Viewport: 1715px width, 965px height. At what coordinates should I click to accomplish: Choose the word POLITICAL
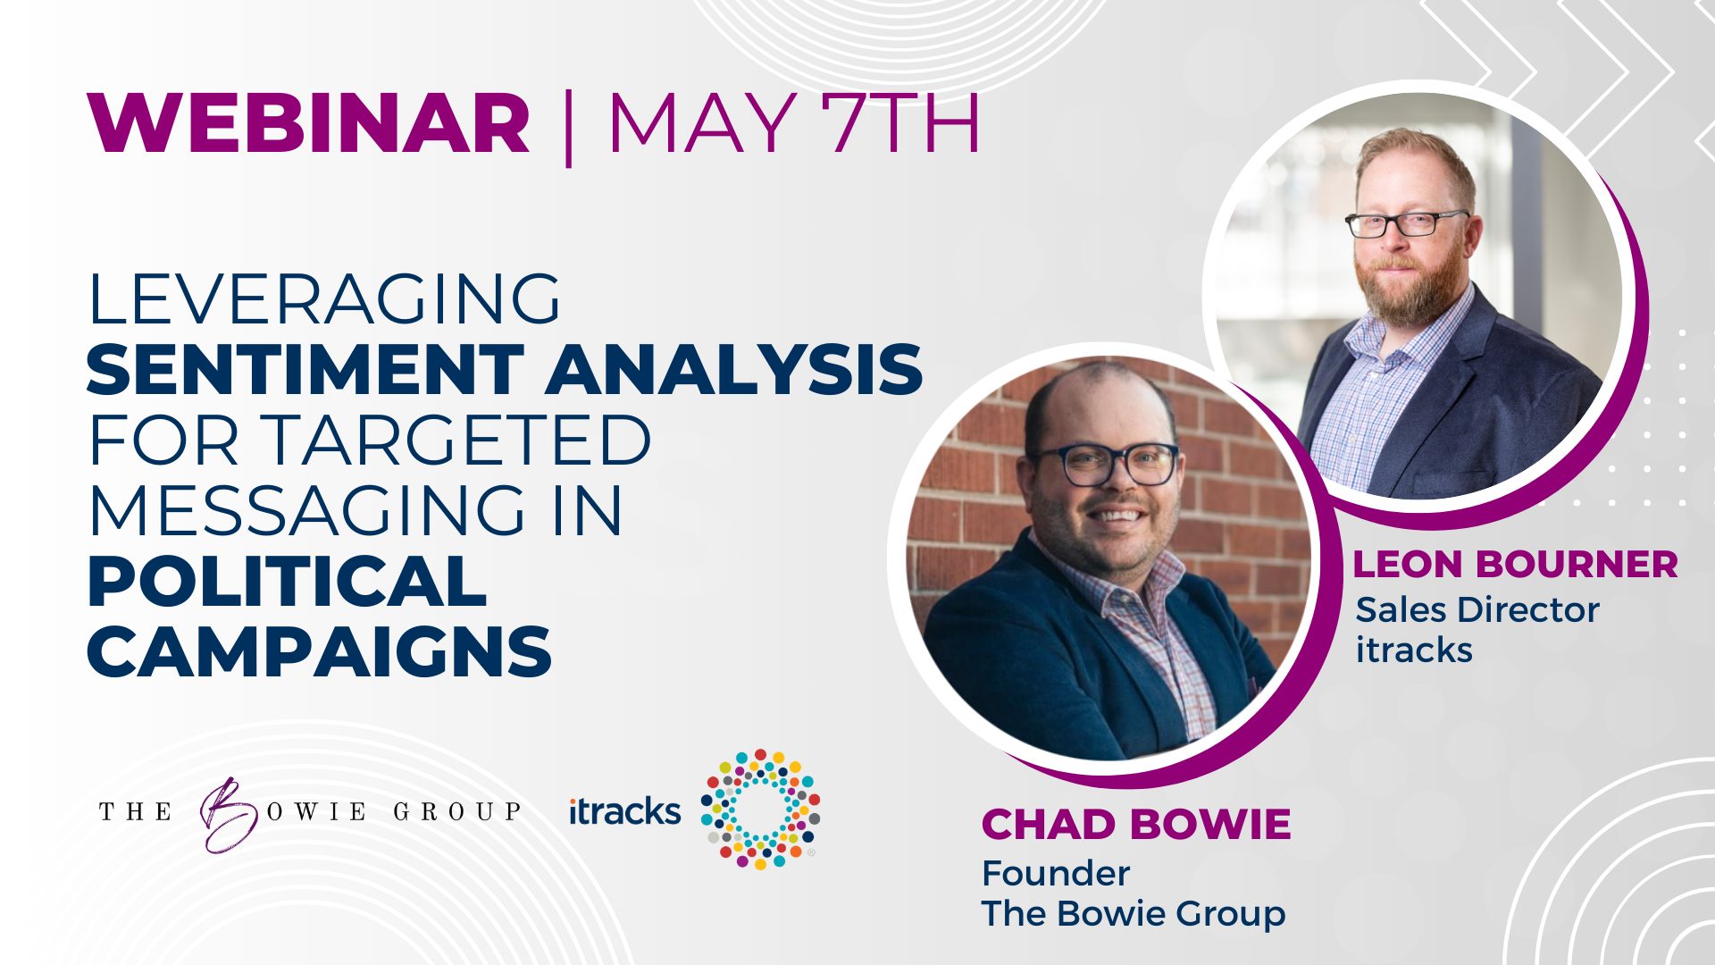(x=287, y=581)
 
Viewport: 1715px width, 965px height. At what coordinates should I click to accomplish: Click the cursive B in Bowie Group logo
(x=222, y=813)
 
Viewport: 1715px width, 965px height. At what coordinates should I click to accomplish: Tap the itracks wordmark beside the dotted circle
(x=624, y=810)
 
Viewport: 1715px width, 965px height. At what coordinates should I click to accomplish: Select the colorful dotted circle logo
(x=760, y=809)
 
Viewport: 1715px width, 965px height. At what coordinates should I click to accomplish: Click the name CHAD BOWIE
(x=1136, y=824)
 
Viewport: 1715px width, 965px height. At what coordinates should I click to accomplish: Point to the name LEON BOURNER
(x=1515, y=564)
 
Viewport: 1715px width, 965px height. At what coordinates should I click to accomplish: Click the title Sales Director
(x=1477, y=609)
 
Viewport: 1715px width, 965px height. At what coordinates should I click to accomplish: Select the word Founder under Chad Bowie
(x=1056, y=873)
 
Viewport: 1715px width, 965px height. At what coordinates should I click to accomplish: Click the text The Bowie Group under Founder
(x=1134, y=913)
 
